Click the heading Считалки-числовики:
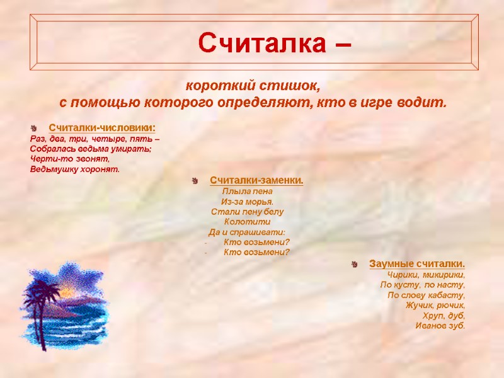102,128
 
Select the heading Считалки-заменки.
256,181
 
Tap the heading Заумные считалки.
417,263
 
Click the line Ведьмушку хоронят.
74,169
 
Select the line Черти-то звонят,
69,159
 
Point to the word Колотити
247,221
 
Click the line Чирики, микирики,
426,275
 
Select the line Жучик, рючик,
435,305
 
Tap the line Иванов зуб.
440,325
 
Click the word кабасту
448,295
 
